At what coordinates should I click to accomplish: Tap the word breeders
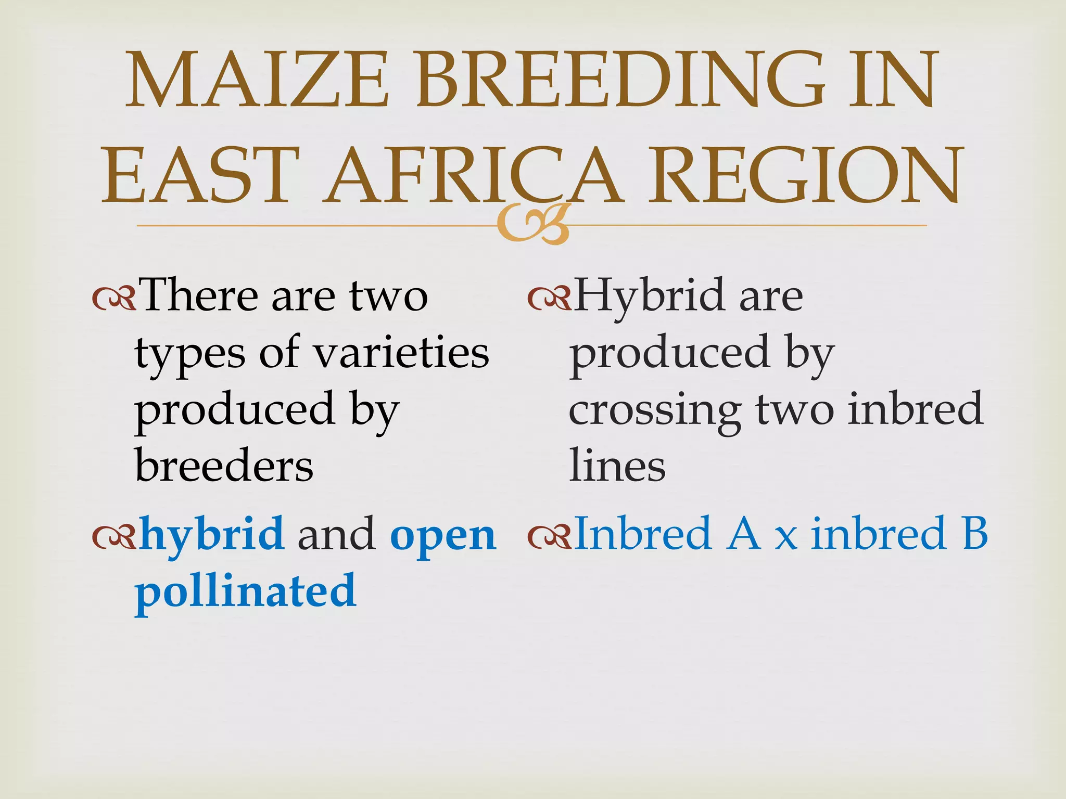tap(224, 466)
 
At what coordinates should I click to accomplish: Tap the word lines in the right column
tap(617, 466)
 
